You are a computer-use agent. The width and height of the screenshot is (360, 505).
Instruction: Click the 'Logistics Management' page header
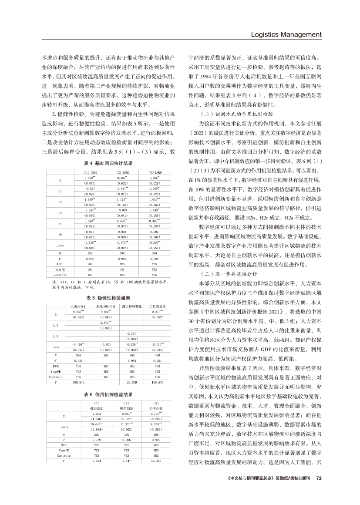(x=284, y=34)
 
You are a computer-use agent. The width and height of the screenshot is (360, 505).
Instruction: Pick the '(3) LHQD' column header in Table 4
(x=155, y=172)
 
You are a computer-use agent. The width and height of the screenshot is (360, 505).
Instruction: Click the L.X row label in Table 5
(x=56, y=336)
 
